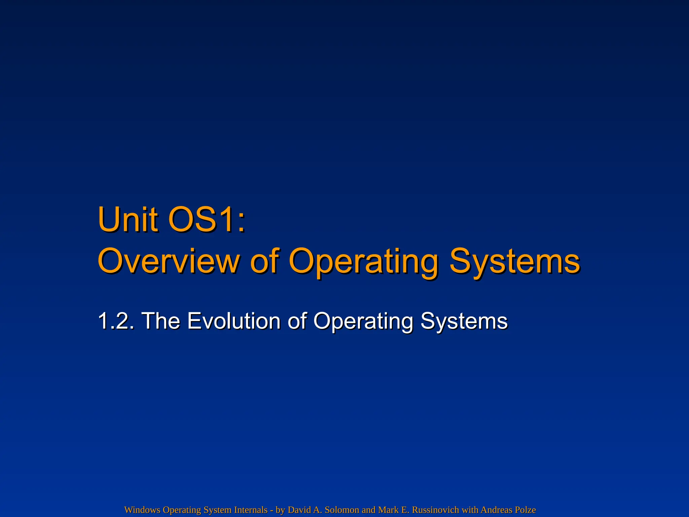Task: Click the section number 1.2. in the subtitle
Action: [116, 320]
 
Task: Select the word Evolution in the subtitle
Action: [234, 320]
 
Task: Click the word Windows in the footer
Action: [142, 510]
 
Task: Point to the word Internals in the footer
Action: [251, 510]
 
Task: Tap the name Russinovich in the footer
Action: [436, 510]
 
